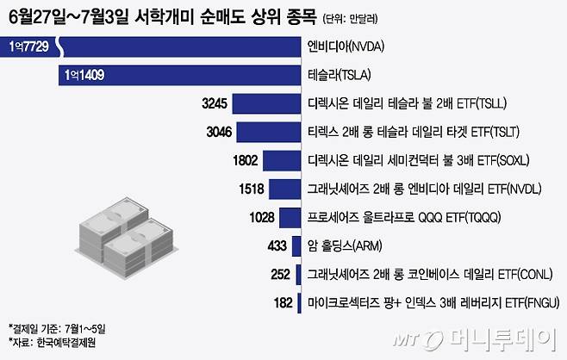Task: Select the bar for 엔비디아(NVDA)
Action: [164, 47]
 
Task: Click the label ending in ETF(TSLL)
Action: [407, 103]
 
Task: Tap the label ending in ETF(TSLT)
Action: [405, 132]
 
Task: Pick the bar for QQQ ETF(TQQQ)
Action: [289, 217]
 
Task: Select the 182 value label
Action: [279, 302]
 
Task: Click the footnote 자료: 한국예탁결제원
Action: [50, 342]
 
